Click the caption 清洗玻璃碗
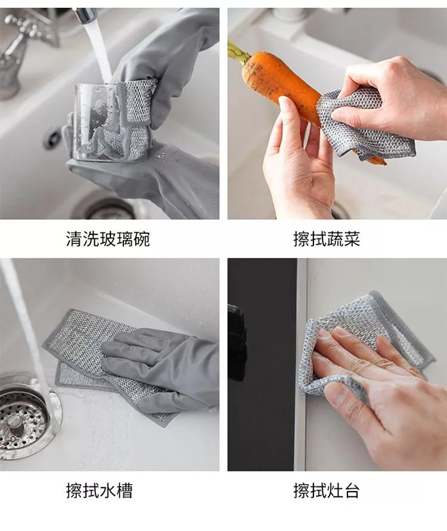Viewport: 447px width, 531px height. tap(108, 239)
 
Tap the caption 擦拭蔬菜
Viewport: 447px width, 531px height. tap(327, 239)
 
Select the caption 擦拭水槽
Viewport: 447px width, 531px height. tap(99, 490)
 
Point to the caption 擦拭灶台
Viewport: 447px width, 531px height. tap(327, 490)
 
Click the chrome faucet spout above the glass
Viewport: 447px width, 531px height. tap(85, 14)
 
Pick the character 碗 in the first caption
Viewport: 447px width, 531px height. tap(142, 239)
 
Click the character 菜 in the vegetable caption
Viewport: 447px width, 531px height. tap(352, 239)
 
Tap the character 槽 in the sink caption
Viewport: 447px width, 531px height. tap(125, 490)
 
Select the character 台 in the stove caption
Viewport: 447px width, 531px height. tap(352, 490)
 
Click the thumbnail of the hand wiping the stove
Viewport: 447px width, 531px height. tap(337, 364)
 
